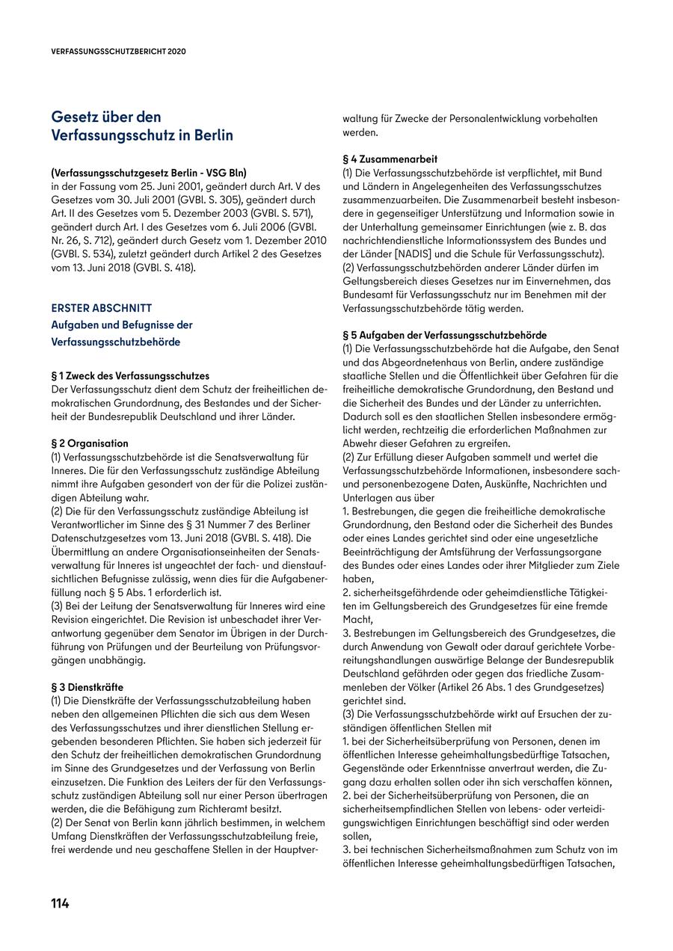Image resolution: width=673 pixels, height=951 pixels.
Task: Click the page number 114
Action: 60,903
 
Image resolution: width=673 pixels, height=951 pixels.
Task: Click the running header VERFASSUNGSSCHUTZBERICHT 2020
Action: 118,52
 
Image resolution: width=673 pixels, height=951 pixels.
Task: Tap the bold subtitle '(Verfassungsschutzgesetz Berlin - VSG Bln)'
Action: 148,171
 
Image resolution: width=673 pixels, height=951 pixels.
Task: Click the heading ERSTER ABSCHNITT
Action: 101,307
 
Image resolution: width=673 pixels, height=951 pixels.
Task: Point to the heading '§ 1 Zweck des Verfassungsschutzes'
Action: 129,375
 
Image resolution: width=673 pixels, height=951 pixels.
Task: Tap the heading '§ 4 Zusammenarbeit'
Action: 390,159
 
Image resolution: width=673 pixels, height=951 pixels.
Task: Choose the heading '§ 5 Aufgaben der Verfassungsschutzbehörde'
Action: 444,336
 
